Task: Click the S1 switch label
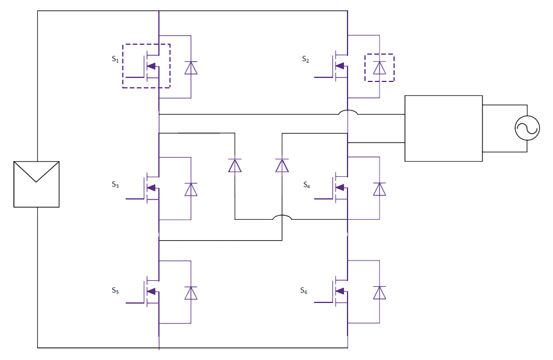pyautogui.click(x=114, y=59)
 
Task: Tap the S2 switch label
pyautogui.click(x=305, y=59)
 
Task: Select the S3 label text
pyautogui.click(x=115, y=184)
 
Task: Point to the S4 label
pyautogui.click(x=306, y=184)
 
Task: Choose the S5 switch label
pyautogui.click(x=115, y=290)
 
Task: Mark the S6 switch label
pyautogui.click(x=303, y=290)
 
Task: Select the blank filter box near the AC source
pyautogui.click(x=443, y=128)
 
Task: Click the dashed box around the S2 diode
pyautogui.click(x=379, y=68)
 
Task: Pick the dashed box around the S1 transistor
pyautogui.click(x=146, y=65)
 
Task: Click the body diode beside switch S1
pyautogui.click(x=191, y=68)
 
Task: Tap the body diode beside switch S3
pyautogui.click(x=191, y=189)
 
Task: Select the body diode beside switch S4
pyautogui.click(x=380, y=189)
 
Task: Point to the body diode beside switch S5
pyautogui.click(x=191, y=293)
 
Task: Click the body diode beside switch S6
pyautogui.click(x=380, y=293)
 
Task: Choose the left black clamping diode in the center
pyautogui.click(x=235, y=166)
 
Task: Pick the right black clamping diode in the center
pyautogui.click(x=282, y=166)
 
